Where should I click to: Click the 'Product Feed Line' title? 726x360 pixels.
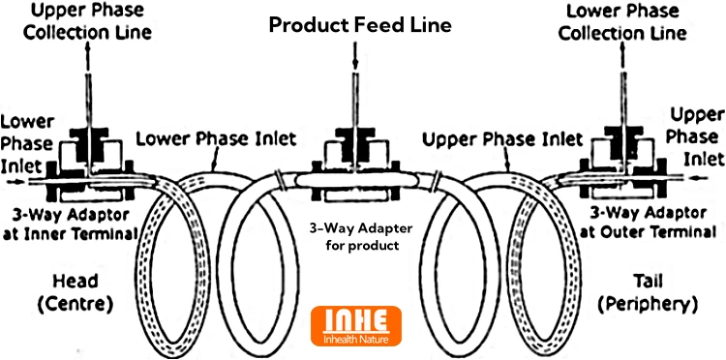[360, 25]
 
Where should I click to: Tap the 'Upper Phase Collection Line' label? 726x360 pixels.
[87, 22]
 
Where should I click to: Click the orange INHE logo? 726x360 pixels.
[355, 326]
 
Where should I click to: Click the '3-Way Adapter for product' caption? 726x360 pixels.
[355, 236]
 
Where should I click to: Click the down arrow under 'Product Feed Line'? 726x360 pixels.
[355, 54]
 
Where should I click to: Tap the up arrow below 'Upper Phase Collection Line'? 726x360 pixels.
[88, 57]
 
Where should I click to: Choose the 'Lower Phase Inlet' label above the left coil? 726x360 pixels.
[216, 138]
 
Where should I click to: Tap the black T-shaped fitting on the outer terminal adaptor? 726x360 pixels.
[623, 137]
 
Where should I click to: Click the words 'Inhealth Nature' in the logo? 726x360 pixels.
[355, 339]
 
